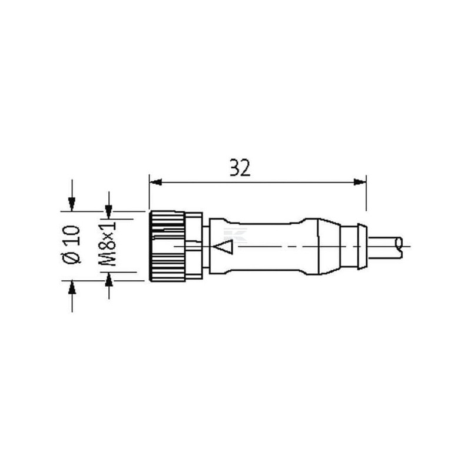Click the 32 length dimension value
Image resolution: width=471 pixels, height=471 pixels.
pyautogui.click(x=240, y=168)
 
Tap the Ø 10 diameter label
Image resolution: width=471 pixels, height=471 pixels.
pyautogui.click(x=71, y=245)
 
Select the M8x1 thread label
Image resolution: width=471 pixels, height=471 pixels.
pyautogui.click(x=107, y=244)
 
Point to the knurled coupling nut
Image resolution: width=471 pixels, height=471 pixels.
pyautogui.click(x=167, y=246)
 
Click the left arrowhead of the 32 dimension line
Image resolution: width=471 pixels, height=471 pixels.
pyautogui.click(x=155, y=182)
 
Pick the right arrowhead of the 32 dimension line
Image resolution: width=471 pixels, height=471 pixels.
pyautogui.click(x=360, y=182)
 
